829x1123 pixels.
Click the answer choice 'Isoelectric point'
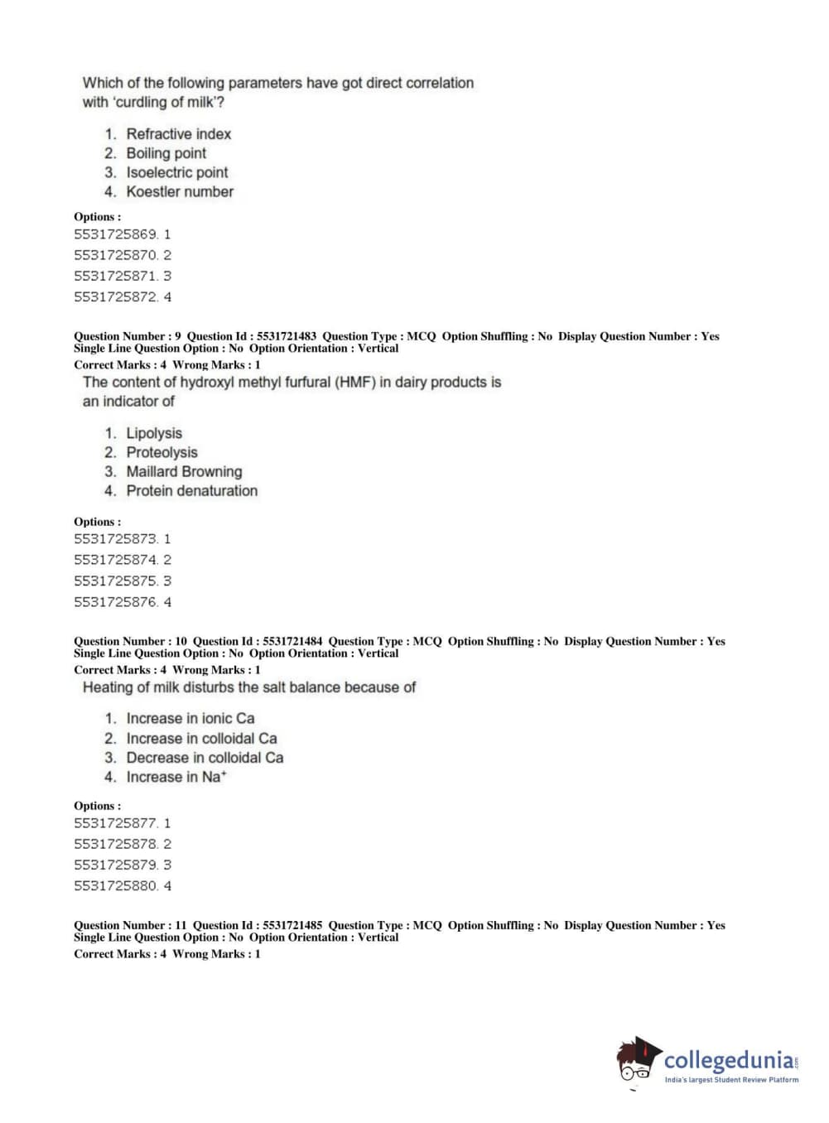(x=176, y=172)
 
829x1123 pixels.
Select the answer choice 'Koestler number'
(x=180, y=191)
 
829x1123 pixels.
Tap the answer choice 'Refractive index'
(x=178, y=133)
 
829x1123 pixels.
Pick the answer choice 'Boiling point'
(x=166, y=153)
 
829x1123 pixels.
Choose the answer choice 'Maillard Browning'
(x=184, y=471)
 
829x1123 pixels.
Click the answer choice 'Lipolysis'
(x=154, y=433)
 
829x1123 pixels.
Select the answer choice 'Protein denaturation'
(x=191, y=490)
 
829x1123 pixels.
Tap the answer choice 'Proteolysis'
(x=161, y=452)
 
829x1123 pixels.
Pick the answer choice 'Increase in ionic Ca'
(x=190, y=718)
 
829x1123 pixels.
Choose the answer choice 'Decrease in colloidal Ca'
(x=205, y=757)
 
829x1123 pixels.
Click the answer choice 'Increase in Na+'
(x=176, y=777)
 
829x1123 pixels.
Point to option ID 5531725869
(x=116, y=234)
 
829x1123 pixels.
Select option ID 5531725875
(x=116, y=581)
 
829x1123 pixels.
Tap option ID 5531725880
(x=116, y=885)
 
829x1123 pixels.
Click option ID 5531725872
(x=116, y=296)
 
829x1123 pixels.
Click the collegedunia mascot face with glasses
(x=636, y=1061)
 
